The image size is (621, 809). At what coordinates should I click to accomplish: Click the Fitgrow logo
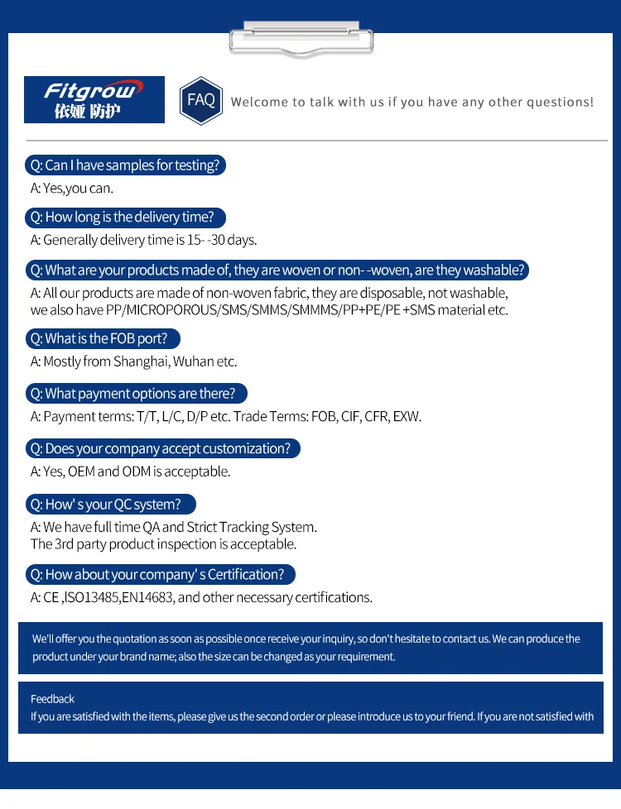94,99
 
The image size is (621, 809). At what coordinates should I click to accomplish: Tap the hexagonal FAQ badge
201,100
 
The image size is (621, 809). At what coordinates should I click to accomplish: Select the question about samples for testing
125,165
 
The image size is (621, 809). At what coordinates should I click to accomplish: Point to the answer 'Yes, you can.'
72,189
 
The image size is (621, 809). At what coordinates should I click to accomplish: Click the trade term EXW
407,417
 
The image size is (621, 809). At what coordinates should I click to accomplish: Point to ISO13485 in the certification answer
91,598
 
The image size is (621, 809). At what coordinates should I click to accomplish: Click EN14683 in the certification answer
147,598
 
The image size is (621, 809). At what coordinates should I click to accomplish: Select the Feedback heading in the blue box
52,699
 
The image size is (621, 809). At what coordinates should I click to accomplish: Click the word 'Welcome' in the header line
257,103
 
